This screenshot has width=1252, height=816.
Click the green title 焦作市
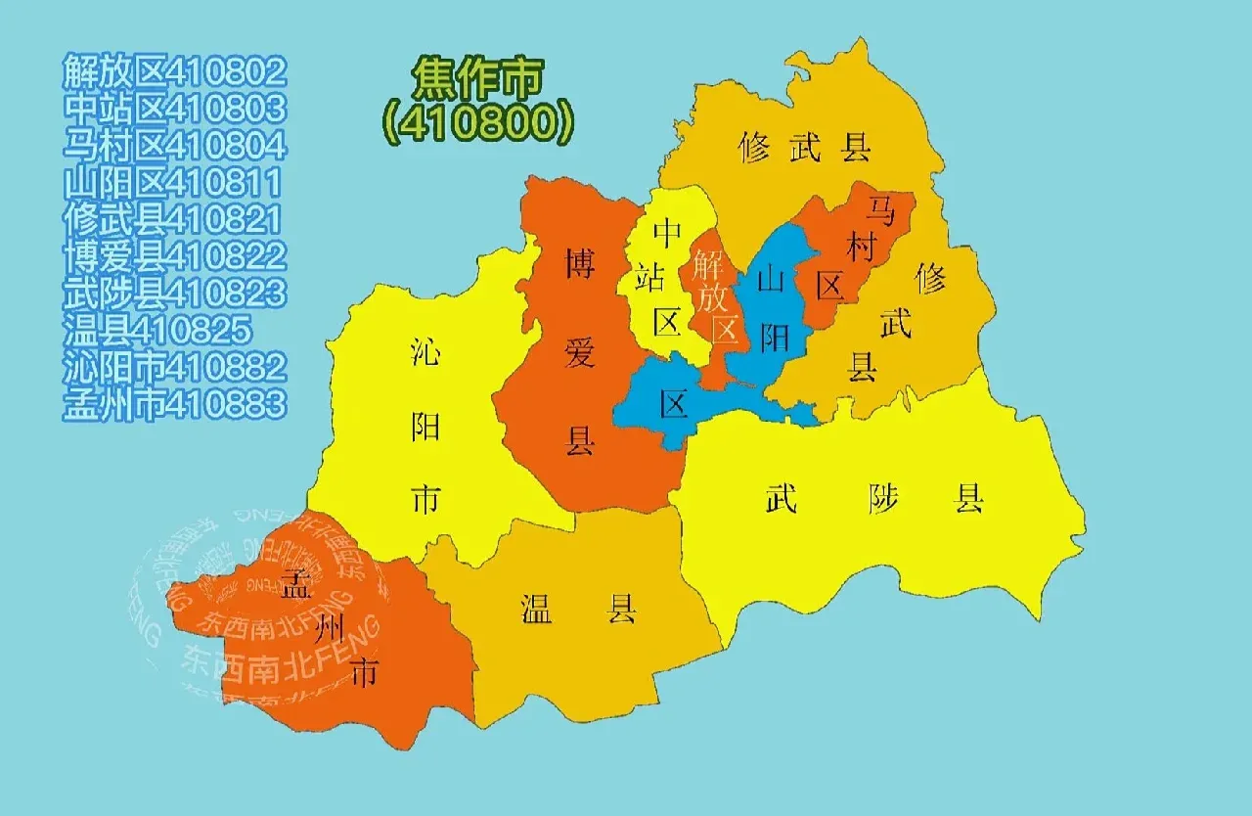[476, 77]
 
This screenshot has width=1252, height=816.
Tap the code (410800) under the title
[476, 120]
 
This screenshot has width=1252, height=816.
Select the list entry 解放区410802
[175, 71]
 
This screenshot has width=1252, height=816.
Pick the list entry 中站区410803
[175, 108]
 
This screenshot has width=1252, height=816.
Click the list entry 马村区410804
[175, 145]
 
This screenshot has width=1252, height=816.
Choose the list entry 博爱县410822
[175, 256]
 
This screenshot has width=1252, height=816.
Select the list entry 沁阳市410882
[175, 367]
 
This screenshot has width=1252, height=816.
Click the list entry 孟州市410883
[175, 403]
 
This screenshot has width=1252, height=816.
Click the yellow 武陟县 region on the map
[880, 528]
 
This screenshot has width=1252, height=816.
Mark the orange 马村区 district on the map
[851, 254]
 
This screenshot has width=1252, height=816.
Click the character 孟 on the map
[294, 586]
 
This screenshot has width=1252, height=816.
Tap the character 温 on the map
[537, 610]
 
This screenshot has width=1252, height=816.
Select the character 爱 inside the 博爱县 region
[580, 353]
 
